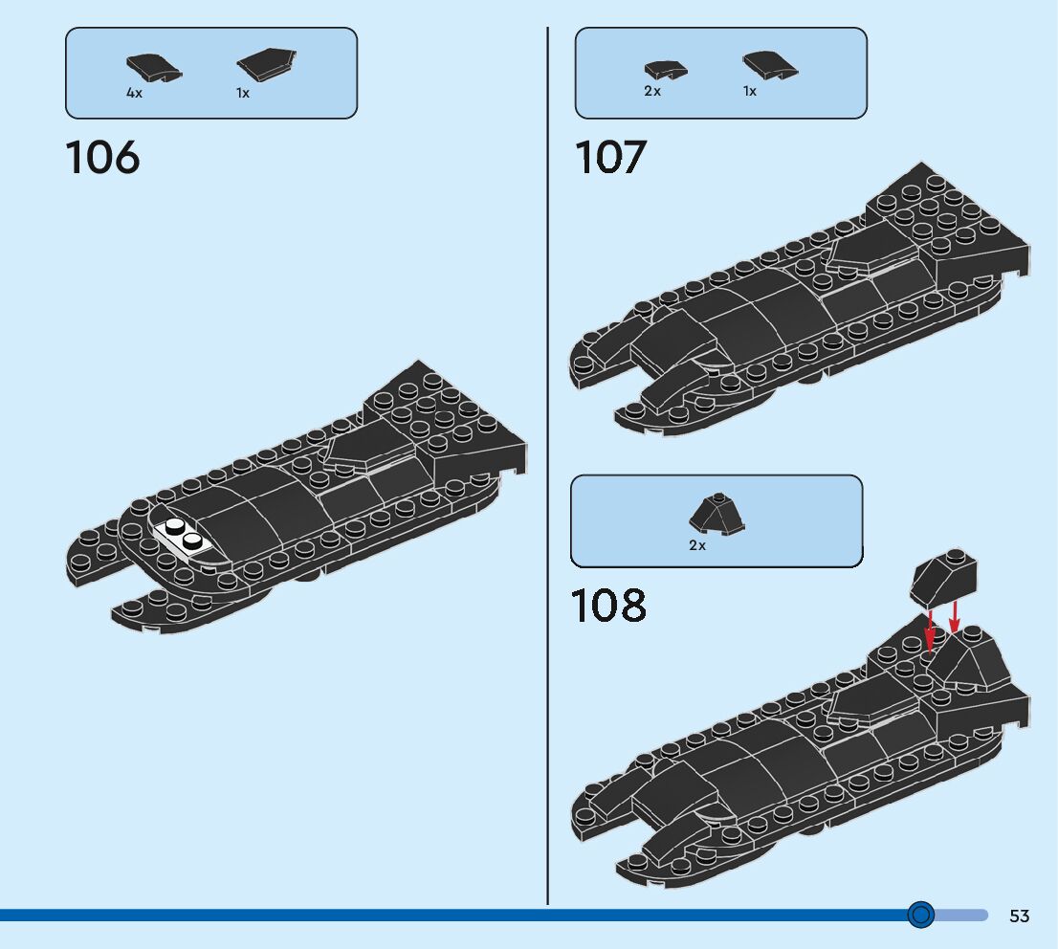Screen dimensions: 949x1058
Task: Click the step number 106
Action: coord(102,158)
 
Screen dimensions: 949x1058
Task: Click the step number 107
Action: coord(610,158)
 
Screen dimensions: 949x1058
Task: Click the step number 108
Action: coord(608,606)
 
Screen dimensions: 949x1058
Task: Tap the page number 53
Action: coord(1019,916)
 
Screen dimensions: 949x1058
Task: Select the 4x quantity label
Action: coord(134,94)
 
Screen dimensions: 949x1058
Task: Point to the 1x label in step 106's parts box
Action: coord(243,94)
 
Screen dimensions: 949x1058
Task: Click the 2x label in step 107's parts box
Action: coord(652,92)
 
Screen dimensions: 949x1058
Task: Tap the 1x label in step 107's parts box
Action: coord(750,92)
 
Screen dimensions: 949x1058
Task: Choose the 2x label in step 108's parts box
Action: coord(697,545)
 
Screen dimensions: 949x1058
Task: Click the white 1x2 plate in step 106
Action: coord(183,538)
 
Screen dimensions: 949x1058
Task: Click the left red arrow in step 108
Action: coord(930,632)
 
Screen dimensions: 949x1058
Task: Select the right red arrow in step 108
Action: coord(955,616)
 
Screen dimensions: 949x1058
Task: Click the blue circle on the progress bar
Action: coord(920,916)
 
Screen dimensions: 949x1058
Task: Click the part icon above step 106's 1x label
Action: coord(266,65)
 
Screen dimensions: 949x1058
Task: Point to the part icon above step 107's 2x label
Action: coord(666,70)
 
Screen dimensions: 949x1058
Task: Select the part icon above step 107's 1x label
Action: coord(770,65)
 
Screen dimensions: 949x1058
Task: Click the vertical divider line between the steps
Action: coord(547,478)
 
